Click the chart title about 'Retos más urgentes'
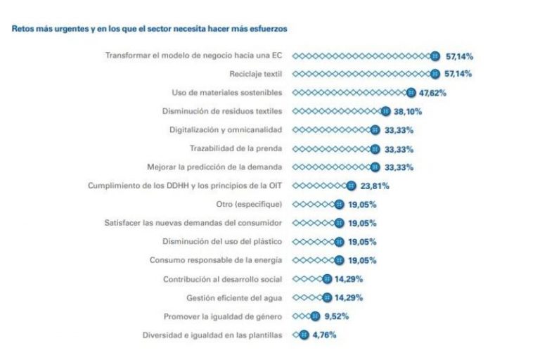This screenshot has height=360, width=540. [149, 29]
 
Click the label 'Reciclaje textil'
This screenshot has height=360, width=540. [256, 74]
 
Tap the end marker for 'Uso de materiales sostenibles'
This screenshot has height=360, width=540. [411, 92]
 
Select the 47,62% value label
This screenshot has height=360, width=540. [432, 92]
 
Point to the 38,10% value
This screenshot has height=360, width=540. [406, 111]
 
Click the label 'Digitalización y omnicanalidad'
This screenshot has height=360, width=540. [226, 129]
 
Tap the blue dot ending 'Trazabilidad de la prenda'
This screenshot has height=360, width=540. [374, 148]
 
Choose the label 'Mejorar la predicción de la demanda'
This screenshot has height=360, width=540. [215, 167]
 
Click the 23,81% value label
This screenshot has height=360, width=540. [374, 186]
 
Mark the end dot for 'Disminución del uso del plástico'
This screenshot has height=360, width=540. [340, 242]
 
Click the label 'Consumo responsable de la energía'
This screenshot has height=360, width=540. [216, 260]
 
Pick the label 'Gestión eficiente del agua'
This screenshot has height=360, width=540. [234, 297]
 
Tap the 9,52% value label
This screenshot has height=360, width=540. [336, 316]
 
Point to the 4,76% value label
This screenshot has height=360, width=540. [323, 335]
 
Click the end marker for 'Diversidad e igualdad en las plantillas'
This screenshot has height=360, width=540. [304, 335]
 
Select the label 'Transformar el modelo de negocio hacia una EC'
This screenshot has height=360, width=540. [194, 55]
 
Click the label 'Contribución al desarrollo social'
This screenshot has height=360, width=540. [223, 279]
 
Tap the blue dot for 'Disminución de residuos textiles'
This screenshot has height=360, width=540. [385, 111]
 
